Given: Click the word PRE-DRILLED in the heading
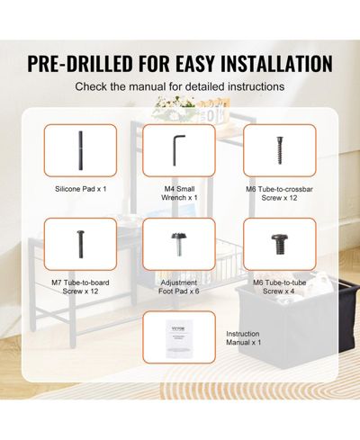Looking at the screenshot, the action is click(80, 63).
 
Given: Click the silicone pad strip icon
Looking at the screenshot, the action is click(80, 150).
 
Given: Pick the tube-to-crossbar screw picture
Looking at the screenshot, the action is click(280, 150).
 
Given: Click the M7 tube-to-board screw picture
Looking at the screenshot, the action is click(80, 244).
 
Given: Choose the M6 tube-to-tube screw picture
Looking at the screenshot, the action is click(280, 245).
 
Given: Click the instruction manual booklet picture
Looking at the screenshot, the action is click(179, 338).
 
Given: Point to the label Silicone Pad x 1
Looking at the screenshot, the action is click(80, 189).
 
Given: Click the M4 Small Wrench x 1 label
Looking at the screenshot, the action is click(179, 193).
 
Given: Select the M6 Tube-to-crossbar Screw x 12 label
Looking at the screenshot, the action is click(279, 193).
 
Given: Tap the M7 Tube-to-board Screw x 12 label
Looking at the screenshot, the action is click(80, 287).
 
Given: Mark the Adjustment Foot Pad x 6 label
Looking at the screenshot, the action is click(179, 287).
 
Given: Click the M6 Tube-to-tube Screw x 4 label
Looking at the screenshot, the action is click(279, 287).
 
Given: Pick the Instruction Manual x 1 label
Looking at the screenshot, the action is click(243, 338).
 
